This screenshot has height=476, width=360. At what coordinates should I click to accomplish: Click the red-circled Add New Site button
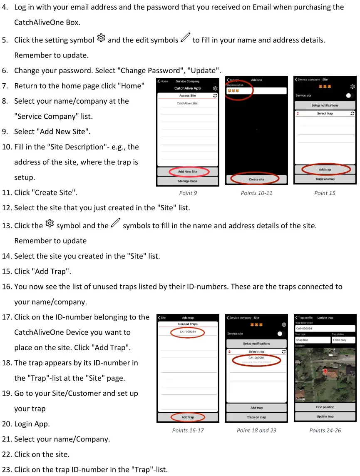(187, 172)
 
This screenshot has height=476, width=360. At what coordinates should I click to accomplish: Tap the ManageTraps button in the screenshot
(187, 181)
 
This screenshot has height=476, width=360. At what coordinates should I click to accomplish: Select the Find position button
(325, 407)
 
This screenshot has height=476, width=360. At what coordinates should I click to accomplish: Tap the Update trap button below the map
(325, 416)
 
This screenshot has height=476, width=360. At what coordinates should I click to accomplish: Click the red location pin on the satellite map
(325, 371)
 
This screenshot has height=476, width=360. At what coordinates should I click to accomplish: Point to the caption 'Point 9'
(188, 193)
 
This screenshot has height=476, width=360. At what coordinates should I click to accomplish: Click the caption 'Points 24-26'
(325, 430)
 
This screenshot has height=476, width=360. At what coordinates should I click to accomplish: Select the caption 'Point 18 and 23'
(256, 430)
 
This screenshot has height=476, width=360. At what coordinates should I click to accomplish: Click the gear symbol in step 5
(101, 38)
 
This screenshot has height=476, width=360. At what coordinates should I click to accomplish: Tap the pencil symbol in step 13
(116, 224)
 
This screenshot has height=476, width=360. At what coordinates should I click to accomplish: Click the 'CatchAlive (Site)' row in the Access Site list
(187, 103)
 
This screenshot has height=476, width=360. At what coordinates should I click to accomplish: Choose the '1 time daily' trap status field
(343, 340)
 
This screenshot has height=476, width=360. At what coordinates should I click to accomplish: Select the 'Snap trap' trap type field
(312, 340)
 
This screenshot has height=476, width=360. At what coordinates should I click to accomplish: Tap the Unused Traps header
(188, 324)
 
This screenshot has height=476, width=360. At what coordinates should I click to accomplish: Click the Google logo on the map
(300, 399)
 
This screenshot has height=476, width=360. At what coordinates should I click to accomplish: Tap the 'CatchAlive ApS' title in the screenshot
(187, 88)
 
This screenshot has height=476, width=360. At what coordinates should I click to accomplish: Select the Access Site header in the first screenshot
(187, 96)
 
